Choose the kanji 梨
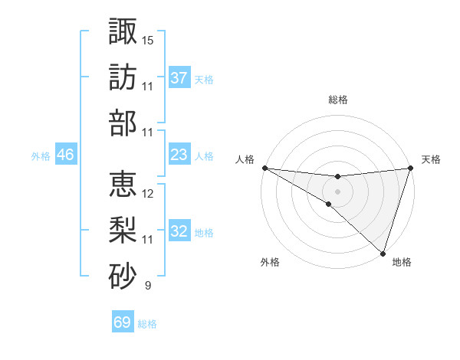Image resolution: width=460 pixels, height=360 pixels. (x=123, y=227)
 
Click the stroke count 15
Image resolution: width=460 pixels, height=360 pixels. (x=148, y=39)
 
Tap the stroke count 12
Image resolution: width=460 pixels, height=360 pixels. (x=148, y=193)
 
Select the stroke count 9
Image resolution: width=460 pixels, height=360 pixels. (x=147, y=286)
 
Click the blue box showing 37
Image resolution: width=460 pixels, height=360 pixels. (x=179, y=77)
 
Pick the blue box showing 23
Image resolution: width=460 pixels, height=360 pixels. (x=179, y=155)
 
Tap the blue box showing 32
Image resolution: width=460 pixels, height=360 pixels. (x=179, y=231)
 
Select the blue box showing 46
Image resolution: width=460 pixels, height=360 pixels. (x=66, y=155)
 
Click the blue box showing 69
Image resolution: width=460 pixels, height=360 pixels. (x=123, y=322)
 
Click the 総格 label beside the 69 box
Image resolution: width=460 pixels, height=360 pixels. (x=147, y=324)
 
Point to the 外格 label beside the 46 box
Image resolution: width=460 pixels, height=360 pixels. (x=41, y=156)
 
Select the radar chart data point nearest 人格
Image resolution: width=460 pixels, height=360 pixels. (x=264, y=168)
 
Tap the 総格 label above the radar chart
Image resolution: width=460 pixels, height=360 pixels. (x=337, y=100)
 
